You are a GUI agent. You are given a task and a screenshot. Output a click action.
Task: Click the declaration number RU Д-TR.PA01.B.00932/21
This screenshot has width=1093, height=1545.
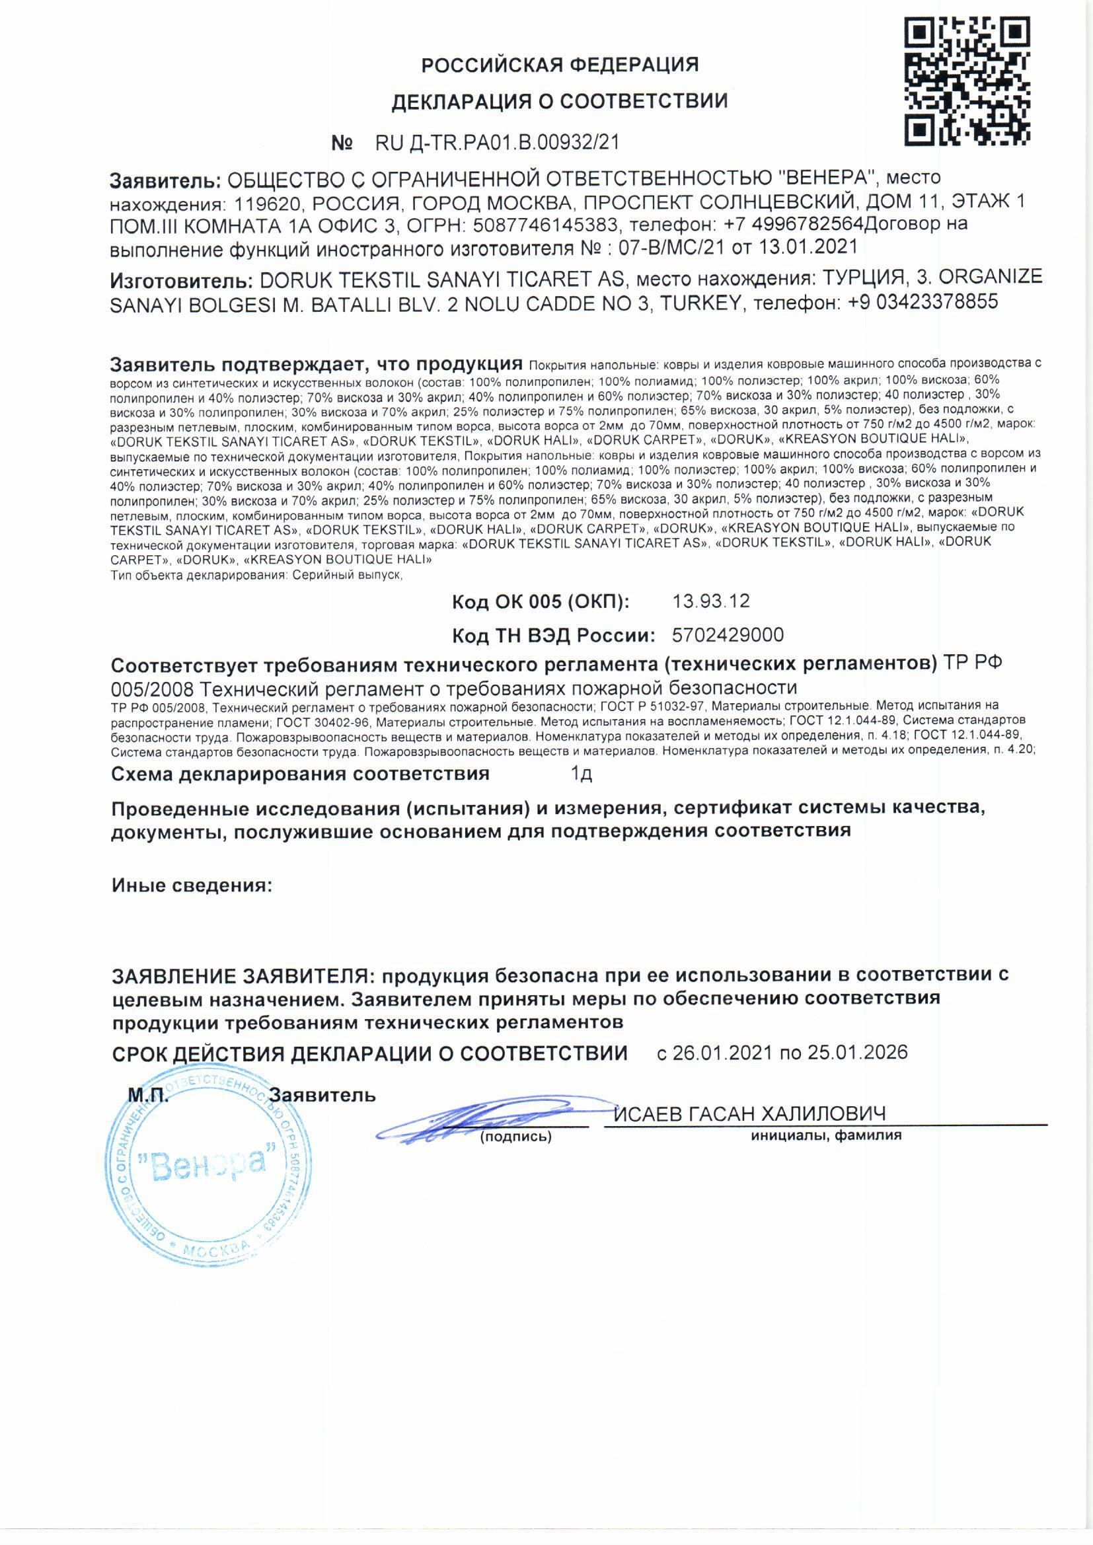pyautogui.click(x=497, y=143)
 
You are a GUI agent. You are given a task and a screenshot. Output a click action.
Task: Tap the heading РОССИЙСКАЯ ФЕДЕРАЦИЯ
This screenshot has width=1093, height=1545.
pyautogui.click(x=560, y=65)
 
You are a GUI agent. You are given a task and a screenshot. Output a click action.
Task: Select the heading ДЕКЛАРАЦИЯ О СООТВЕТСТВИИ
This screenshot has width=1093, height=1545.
pyautogui.click(x=560, y=102)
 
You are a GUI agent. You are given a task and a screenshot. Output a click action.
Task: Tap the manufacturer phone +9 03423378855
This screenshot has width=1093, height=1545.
pyautogui.click(x=923, y=302)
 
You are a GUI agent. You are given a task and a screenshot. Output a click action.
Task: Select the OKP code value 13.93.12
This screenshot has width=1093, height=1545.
pyautogui.click(x=711, y=601)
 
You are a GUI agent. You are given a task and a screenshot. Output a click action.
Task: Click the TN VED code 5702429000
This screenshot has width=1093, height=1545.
pyautogui.click(x=728, y=634)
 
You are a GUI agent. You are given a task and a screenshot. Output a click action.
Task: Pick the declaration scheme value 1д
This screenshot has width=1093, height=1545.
pyautogui.click(x=582, y=774)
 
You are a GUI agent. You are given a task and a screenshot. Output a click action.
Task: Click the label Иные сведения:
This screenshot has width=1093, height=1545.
pyautogui.click(x=192, y=886)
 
